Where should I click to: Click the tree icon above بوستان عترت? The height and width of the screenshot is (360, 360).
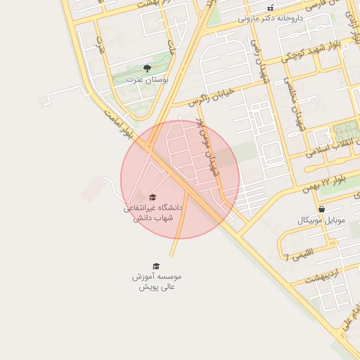tap(147, 68)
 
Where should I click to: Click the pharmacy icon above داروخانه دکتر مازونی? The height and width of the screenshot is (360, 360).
tap(270, 8)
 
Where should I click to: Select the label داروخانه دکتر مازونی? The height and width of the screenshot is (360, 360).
tap(270, 18)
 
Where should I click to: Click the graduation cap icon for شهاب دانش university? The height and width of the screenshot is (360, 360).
tap(153, 197)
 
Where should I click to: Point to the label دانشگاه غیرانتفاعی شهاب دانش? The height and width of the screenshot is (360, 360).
tap(153, 213)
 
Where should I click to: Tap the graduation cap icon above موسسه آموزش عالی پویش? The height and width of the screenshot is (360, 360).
tap(156, 266)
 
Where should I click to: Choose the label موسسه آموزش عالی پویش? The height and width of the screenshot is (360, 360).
tap(156, 281)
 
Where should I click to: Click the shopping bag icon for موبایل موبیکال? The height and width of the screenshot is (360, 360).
tap(321, 209)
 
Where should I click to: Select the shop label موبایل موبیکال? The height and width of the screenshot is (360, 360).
tap(321, 220)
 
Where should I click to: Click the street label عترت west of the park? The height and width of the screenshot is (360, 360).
tap(101, 46)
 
